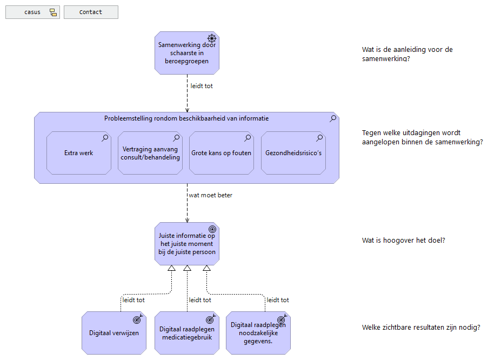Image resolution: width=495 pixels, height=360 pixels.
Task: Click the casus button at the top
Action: click(x=32, y=12)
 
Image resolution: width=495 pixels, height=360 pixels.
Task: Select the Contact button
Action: click(x=91, y=12)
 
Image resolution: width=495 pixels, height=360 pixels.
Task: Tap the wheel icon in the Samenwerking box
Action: click(x=212, y=38)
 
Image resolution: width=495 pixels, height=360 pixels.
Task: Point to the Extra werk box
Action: click(x=78, y=153)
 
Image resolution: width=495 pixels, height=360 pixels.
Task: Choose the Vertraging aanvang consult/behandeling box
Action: click(x=150, y=153)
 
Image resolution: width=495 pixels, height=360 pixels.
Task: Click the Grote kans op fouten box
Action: click(x=221, y=153)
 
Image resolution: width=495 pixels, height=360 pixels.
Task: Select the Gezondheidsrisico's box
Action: click(x=293, y=153)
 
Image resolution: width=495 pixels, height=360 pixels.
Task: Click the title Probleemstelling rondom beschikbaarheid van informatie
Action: click(x=186, y=118)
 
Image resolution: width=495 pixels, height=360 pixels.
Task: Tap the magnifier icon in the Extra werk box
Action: click(x=105, y=138)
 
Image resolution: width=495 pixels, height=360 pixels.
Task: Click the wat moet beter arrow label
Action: click(x=210, y=195)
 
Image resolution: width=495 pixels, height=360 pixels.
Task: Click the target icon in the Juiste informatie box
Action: click(x=212, y=229)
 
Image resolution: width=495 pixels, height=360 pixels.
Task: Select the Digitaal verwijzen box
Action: click(x=114, y=333)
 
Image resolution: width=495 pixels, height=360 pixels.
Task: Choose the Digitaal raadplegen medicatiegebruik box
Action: click(x=186, y=333)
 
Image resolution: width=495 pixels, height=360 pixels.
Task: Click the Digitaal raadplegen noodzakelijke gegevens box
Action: click(x=258, y=333)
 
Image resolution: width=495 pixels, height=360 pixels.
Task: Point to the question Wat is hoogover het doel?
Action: click(x=403, y=241)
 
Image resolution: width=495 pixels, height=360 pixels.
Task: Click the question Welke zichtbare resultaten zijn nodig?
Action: click(x=421, y=328)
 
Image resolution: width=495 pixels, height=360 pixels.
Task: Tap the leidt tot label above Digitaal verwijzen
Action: click(x=133, y=300)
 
